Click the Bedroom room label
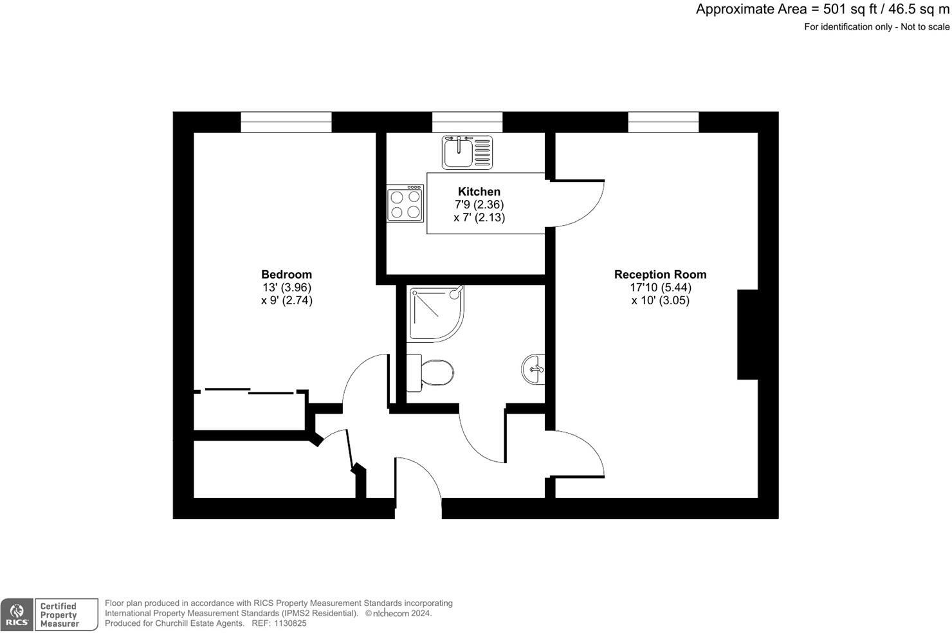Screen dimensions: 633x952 tap(286, 275)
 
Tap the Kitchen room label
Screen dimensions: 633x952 tap(479, 192)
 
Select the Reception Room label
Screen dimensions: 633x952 tap(660, 275)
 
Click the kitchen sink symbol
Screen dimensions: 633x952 tap(467, 152)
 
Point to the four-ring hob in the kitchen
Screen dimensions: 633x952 tap(405, 203)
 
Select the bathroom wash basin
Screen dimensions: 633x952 tap(533, 370)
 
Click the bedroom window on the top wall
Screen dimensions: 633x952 tap(286, 122)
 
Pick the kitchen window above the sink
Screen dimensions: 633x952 tap(467, 122)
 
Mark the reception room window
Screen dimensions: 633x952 tap(663, 122)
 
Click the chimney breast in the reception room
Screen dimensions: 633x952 tap(747, 335)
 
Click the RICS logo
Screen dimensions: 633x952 tap(17, 615)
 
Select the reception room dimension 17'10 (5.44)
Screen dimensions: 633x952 tap(660, 288)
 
